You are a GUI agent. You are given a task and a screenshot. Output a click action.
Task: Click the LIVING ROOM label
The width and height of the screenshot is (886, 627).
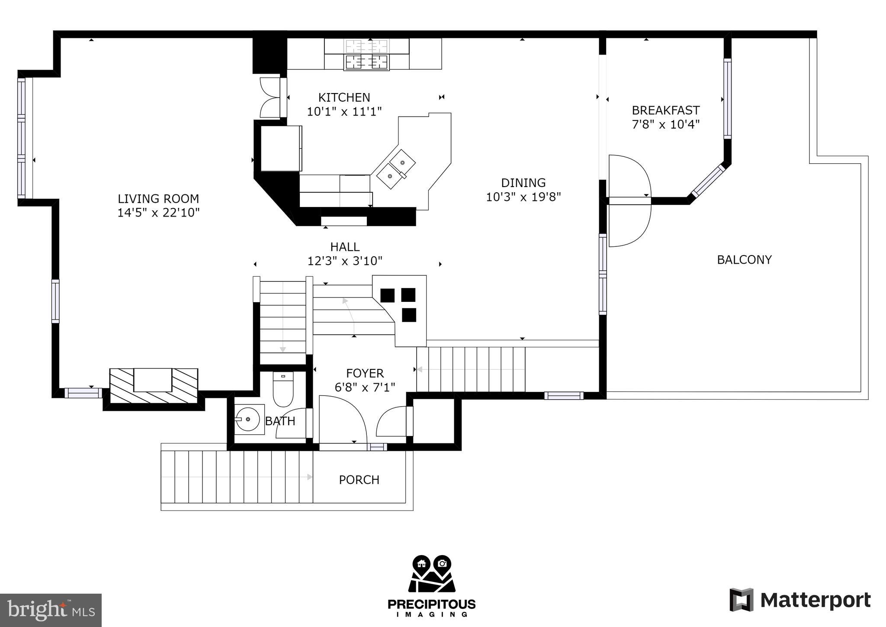click(158, 199)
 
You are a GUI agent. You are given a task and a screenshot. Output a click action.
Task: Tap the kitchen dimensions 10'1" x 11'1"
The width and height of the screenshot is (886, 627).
click(344, 112)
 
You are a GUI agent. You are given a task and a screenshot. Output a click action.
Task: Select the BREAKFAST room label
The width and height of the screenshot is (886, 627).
click(665, 110)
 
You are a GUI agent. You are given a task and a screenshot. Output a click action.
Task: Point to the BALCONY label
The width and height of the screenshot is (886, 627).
click(744, 260)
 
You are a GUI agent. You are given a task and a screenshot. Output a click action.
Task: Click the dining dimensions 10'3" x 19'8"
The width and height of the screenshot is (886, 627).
click(523, 197)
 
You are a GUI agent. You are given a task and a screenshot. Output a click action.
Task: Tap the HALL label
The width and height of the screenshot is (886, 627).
click(345, 247)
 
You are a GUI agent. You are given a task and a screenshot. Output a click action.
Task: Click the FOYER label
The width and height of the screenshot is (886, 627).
click(365, 373)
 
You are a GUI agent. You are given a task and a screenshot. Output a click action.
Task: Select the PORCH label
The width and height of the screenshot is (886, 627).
click(359, 480)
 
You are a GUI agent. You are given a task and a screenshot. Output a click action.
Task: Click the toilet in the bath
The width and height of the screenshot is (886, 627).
click(283, 389)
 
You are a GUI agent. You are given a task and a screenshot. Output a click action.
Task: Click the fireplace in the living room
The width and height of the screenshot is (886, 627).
click(153, 385)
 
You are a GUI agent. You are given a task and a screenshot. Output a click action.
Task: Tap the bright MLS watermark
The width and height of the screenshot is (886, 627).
click(51, 610)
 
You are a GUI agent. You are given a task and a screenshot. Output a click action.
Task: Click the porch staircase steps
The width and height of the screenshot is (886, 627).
click(237, 477)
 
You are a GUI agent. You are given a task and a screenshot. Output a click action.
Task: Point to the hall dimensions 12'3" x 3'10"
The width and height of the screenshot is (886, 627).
click(345, 261)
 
